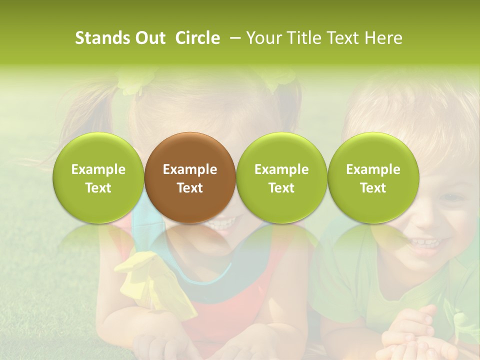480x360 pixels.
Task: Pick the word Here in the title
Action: pos(382,38)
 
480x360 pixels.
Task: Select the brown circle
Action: pos(189,177)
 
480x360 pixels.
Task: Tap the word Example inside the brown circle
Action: pos(189,169)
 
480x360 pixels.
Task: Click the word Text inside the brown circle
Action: pos(189,188)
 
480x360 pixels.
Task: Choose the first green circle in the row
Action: pos(98,177)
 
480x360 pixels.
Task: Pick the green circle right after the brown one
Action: pos(281,177)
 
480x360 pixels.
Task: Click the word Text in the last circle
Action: pos(373,188)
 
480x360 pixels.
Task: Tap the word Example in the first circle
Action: pos(98,169)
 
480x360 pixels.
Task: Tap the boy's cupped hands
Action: pos(407,335)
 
